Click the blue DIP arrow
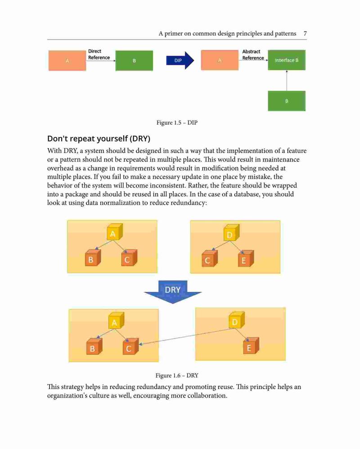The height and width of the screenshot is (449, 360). (x=180, y=60)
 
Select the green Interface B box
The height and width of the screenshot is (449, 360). (x=287, y=60)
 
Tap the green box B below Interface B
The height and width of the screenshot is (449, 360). (x=287, y=101)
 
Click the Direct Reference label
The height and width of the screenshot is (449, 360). (x=99, y=54)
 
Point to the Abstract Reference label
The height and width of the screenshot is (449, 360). (x=253, y=54)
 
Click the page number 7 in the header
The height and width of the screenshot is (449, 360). (x=305, y=33)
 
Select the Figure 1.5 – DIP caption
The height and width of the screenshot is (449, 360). (x=177, y=122)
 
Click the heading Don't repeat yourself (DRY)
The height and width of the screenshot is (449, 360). (x=99, y=139)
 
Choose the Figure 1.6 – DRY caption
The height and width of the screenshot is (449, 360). (x=177, y=376)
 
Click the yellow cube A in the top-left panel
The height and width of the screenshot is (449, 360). (x=115, y=232)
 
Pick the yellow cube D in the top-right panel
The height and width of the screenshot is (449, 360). (x=231, y=233)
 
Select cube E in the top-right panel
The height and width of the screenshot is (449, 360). (x=246, y=259)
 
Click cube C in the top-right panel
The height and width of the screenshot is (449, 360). (x=210, y=259)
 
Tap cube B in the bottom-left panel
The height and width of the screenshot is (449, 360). (x=94, y=346)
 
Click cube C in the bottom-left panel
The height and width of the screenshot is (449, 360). (x=131, y=346)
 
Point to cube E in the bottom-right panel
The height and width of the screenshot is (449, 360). (x=251, y=346)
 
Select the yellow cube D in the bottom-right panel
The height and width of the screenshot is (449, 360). (x=237, y=321)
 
